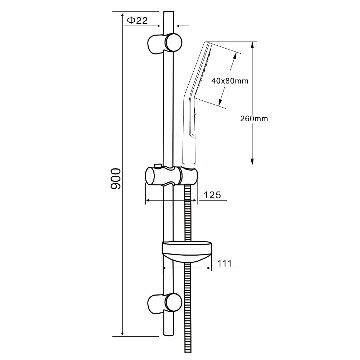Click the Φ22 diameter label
click(137, 21)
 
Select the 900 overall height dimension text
click(116, 179)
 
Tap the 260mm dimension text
click(254, 119)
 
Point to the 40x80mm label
click(230, 81)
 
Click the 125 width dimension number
click(212, 195)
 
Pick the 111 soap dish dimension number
click(225, 264)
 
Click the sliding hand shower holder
click(171, 176)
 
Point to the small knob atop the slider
click(158, 166)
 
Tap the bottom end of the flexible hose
click(188, 352)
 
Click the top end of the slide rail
click(168, 11)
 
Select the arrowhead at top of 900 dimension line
click(122, 14)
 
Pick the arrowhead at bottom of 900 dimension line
click(122, 333)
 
